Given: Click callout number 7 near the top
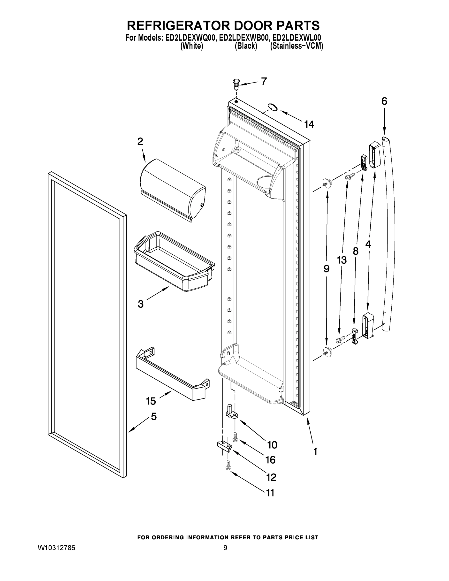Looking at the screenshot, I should pyautogui.click(x=264, y=81).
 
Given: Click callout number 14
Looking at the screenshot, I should pyautogui.click(x=309, y=124).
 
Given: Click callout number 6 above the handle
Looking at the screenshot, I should pyautogui.click(x=384, y=101).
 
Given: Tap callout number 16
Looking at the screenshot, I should pyautogui.click(x=271, y=460).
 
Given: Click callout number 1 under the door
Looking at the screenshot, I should pyautogui.click(x=315, y=452).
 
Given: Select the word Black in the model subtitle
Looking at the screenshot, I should pyautogui.click(x=246, y=46).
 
